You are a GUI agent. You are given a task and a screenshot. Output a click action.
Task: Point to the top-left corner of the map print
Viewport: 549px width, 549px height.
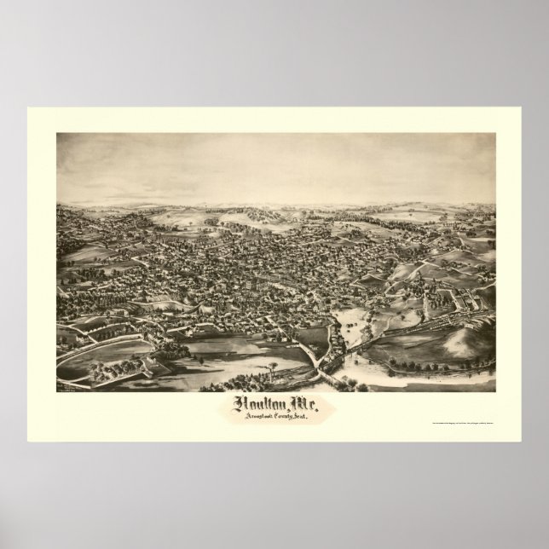coord(57,134)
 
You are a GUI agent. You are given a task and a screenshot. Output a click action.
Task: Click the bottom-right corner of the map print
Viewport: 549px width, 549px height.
coord(494,390)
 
